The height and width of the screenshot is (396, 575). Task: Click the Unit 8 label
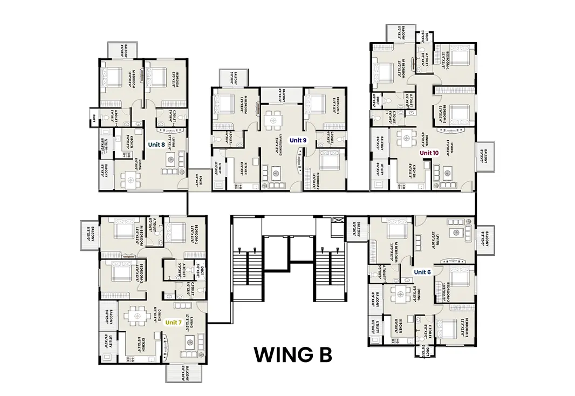pyautogui.click(x=156, y=144)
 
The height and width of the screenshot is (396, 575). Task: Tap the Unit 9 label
pyautogui.click(x=298, y=140)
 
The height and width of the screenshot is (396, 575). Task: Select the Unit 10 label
pyautogui.click(x=430, y=153)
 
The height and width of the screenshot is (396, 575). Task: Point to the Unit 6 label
pyautogui.click(x=422, y=272)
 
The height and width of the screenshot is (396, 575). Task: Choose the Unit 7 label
pyautogui.click(x=174, y=322)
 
